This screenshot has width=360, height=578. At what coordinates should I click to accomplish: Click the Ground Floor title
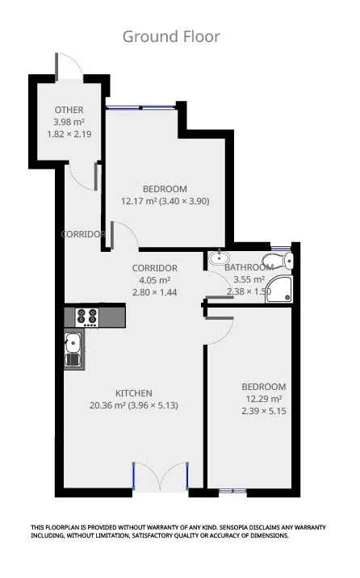click(x=171, y=36)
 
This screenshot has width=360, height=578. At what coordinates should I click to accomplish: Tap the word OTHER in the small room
click(x=69, y=110)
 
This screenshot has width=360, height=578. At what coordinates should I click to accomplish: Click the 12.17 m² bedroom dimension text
click(x=165, y=201)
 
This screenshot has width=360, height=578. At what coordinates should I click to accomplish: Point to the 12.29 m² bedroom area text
click(x=264, y=399)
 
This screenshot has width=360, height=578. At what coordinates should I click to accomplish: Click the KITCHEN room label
click(x=133, y=393)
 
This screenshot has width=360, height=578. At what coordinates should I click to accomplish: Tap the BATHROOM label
click(x=249, y=267)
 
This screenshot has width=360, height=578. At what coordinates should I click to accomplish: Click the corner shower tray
click(x=282, y=287)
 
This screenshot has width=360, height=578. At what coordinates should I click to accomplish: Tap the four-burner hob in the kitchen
click(x=86, y=316)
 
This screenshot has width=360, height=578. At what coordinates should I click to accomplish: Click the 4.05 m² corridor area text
click(x=154, y=280)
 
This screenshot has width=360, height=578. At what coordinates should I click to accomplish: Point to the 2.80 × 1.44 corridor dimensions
click(x=154, y=292)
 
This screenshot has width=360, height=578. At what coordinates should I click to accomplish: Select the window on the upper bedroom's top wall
click(x=141, y=106)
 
